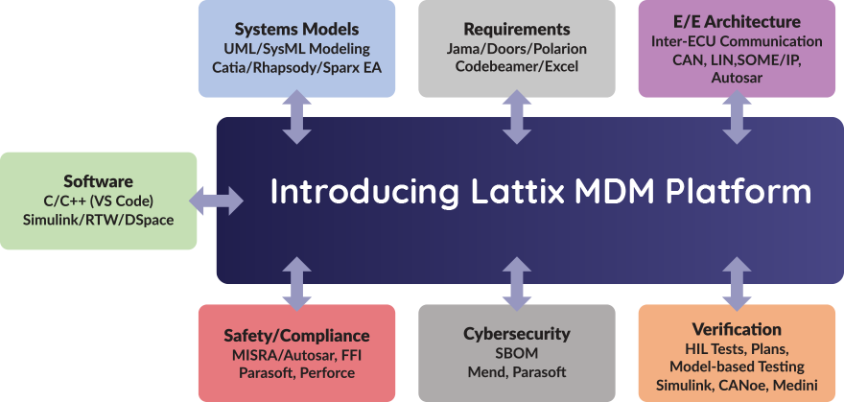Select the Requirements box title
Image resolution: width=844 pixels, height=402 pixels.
(516, 29)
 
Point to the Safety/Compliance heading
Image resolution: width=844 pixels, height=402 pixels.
(296, 335)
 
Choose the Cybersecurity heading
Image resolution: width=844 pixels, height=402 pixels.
(517, 334)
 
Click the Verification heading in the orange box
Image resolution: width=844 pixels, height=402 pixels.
(737, 329)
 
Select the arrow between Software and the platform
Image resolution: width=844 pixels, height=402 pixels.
(217, 201)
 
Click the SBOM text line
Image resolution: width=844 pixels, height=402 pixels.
(517, 353)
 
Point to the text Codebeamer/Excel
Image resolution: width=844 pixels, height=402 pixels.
(516, 67)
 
